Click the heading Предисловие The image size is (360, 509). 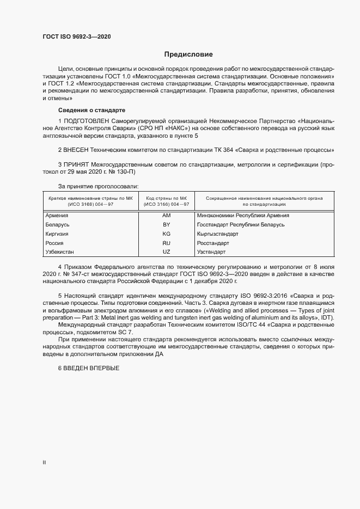point(188,54)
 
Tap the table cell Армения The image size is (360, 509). point(57,216)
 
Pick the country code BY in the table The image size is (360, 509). point(167,225)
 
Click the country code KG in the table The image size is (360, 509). point(167,234)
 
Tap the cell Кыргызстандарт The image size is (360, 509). point(218,234)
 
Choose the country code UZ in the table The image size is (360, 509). point(167,253)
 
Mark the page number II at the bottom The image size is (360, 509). point(44,463)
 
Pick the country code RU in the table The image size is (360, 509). point(167,243)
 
